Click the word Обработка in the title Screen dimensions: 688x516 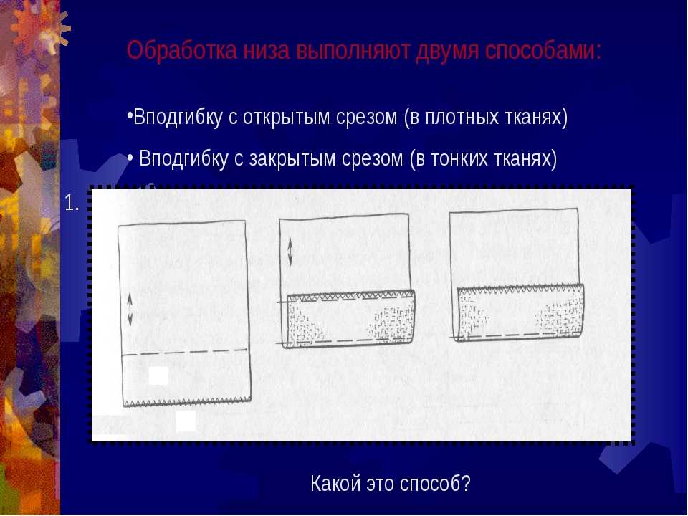click(x=181, y=50)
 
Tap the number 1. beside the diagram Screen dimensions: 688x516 click(x=72, y=203)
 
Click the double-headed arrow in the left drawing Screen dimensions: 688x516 click(x=130, y=310)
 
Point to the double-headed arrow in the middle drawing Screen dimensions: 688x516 click(x=290, y=252)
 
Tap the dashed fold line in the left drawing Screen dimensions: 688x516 click(x=184, y=353)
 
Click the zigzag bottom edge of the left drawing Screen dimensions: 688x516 click(x=187, y=402)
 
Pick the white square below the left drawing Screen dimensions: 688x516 click(x=186, y=421)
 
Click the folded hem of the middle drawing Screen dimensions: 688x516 click(x=349, y=319)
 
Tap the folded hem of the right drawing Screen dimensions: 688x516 click(x=520, y=312)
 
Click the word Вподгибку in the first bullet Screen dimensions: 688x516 click(x=178, y=117)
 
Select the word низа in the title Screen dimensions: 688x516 click(x=267, y=51)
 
